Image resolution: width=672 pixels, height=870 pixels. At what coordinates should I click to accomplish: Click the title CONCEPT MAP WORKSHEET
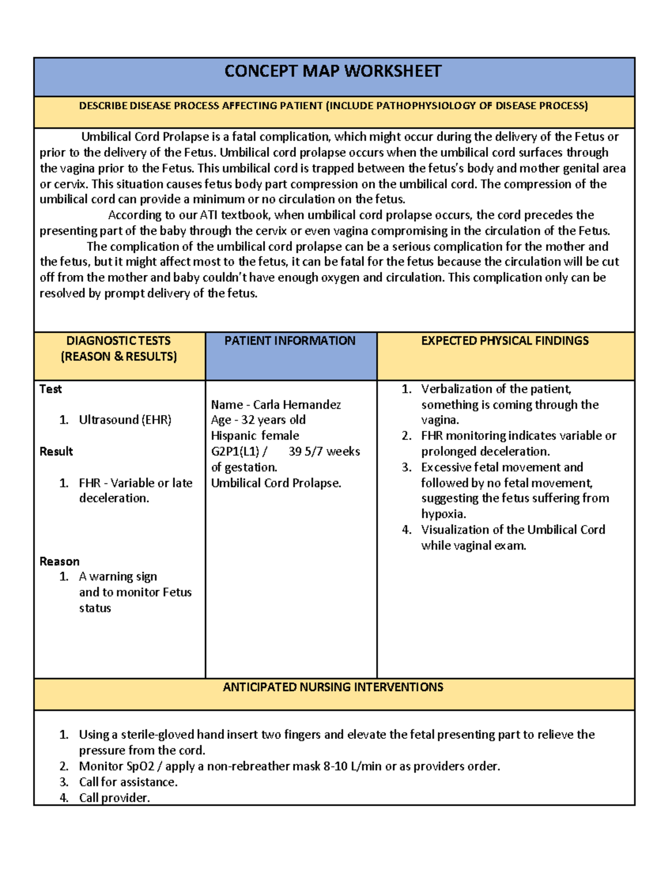[x=333, y=72]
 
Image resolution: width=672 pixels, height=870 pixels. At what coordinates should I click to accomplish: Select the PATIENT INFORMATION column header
[x=290, y=341]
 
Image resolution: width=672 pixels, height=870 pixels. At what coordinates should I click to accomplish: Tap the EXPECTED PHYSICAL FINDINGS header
[x=505, y=341]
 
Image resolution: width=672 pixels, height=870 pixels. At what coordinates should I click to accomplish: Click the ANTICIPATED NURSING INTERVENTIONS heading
[x=333, y=687]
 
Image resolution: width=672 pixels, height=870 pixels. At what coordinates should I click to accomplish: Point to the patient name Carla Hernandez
[x=297, y=404]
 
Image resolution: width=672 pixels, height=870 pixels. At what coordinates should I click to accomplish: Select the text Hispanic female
[x=255, y=436]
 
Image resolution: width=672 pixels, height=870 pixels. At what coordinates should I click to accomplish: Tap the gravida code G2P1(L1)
[x=235, y=452]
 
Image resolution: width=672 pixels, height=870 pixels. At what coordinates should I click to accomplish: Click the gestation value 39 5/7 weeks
[x=324, y=452]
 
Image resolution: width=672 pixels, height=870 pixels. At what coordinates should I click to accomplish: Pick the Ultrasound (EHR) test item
[x=125, y=420]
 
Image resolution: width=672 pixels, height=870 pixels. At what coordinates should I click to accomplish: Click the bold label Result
[x=56, y=452]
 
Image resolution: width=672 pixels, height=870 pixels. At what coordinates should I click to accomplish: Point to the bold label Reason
[x=59, y=561]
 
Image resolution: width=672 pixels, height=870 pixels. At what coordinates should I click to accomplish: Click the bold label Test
[x=50, y=389]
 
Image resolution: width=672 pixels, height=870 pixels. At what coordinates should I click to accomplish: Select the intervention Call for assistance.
[x=128, y=782]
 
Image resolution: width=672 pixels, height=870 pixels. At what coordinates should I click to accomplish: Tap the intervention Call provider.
[x=114, y=798]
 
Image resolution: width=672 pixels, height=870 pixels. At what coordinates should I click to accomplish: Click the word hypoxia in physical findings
[x=443, y=514]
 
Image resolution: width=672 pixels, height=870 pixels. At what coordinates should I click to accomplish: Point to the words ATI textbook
[x=235, y=215]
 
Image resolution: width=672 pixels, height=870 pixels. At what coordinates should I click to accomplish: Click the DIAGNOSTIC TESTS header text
[x=118, y=341]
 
